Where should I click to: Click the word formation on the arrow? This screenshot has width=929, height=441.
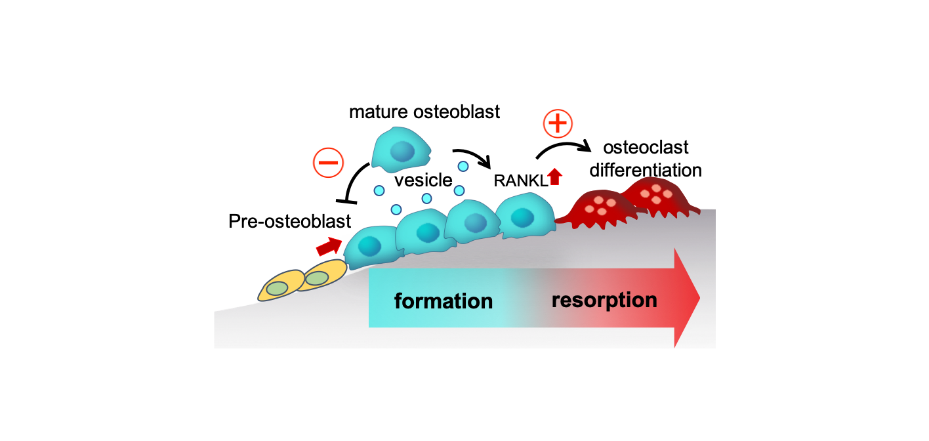point(443,301)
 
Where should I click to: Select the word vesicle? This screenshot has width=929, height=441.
point(423,180)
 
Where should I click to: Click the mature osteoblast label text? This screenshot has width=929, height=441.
point(424,112)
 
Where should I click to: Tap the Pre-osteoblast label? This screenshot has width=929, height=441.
point(290,221)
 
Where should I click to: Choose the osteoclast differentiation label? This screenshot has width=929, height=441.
point(646,159)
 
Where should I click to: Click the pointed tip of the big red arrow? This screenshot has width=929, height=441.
point(698,298)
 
